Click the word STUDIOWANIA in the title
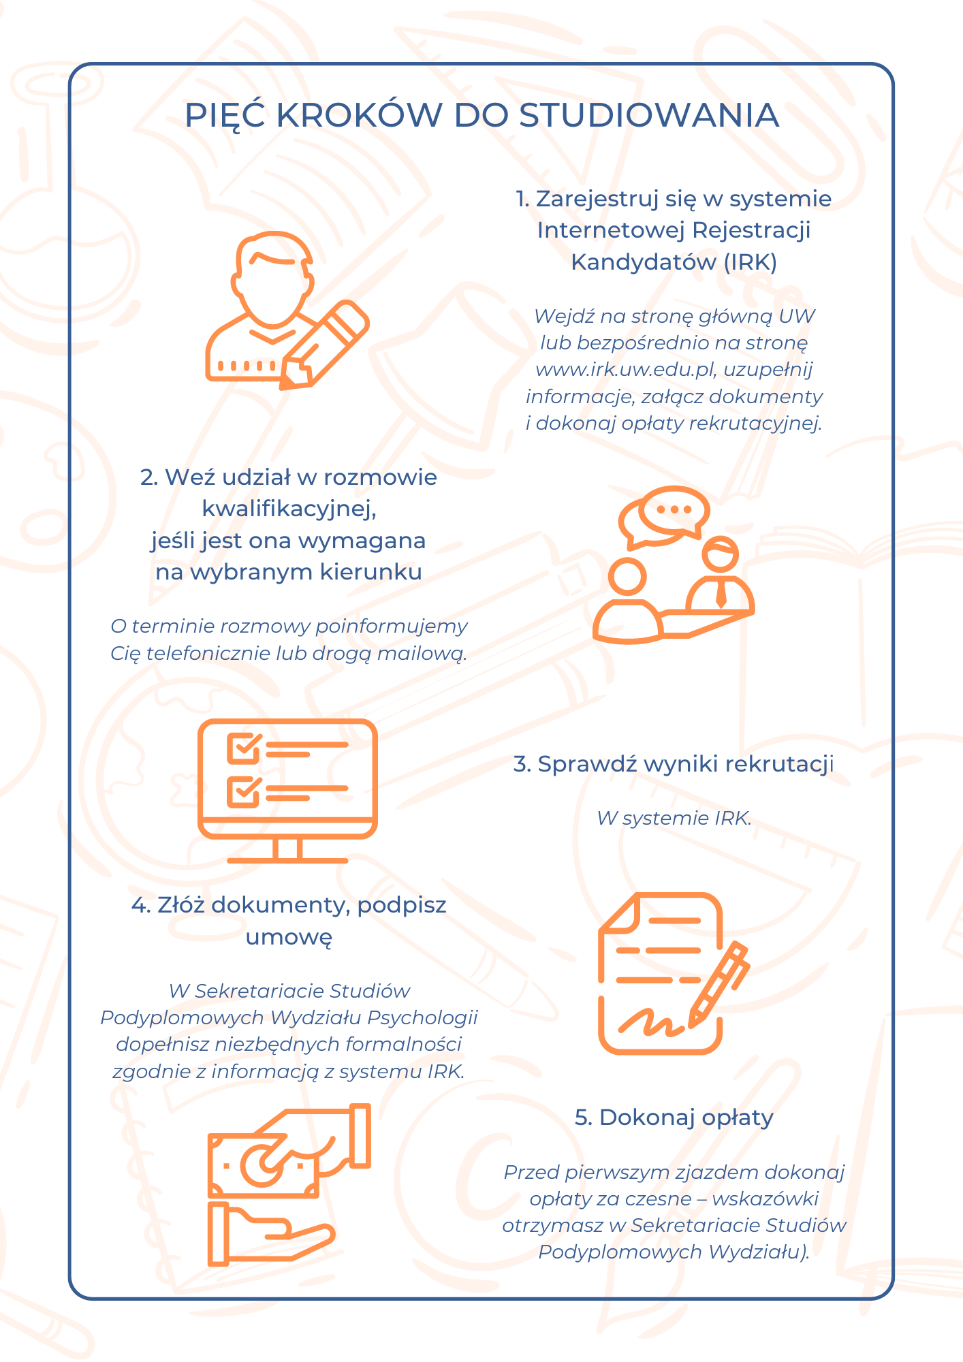(648, 115)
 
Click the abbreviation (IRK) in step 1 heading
(750, 262)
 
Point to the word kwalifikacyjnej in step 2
(289, 509)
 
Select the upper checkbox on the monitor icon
(244, 748)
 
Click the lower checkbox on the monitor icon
(244, 791)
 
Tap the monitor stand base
(287, 860)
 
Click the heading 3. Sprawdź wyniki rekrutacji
(674, 764)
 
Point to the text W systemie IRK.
(674, 818)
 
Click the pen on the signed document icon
(719, 984)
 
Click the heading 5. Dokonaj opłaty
(674, 1118)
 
